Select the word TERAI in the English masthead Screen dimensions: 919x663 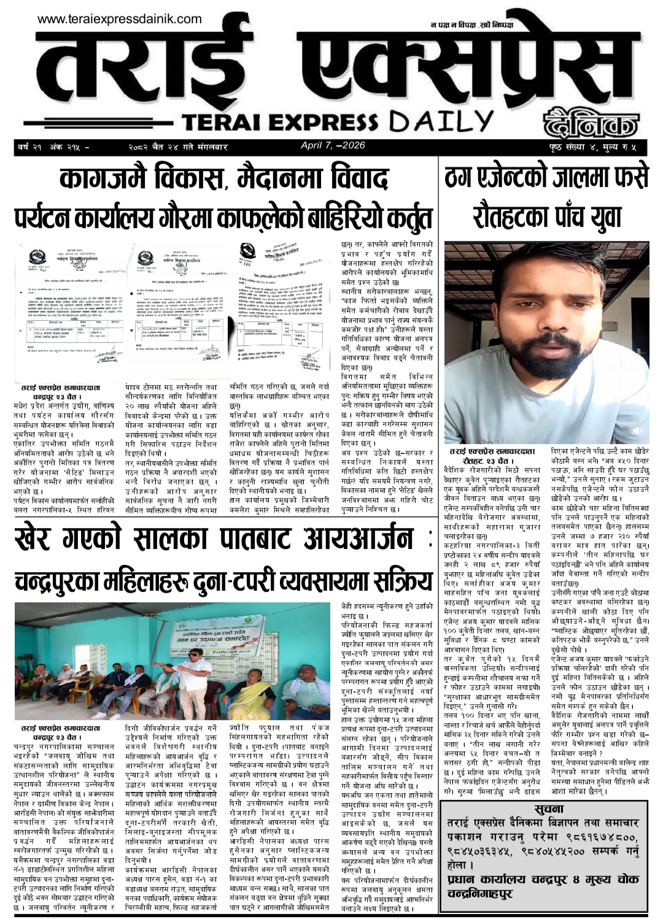[x=227, y=122]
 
